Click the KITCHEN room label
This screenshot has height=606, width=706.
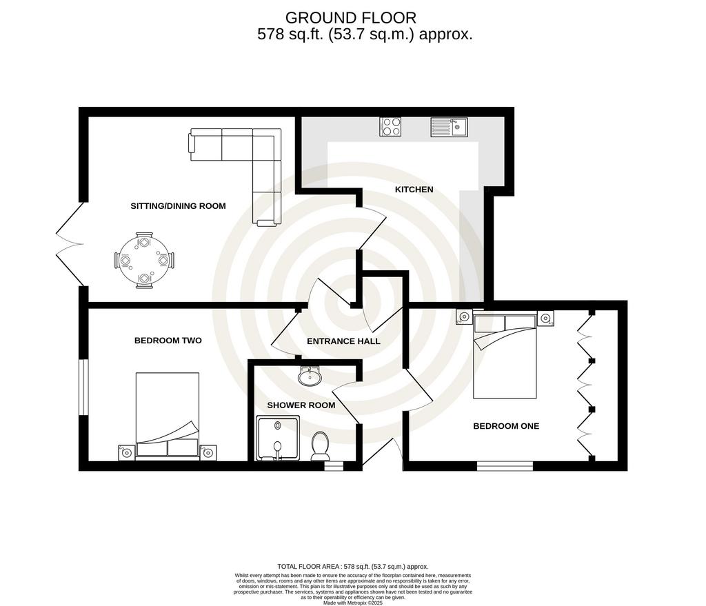pos(414,190)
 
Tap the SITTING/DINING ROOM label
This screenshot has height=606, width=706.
pos(178,206)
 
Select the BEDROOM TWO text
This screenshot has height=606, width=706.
pos(168,341)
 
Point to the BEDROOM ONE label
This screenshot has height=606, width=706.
pos(506,426)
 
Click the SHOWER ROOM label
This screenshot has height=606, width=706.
pos(301,405)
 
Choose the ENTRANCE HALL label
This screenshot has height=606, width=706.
pos(343,341)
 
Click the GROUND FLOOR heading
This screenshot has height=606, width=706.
pos(351,18)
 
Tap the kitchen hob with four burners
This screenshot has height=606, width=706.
pos(390,127)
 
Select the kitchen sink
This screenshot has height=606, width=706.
pos(449,127)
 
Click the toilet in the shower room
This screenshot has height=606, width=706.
pos(320,446)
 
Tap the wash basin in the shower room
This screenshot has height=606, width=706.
pos(310,376)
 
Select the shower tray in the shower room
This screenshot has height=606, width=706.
pos(278,438)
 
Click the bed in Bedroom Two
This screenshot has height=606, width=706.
pos(168,414)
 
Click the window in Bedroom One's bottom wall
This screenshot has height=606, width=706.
pos(505,466)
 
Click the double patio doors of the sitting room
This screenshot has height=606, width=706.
pos(70,244)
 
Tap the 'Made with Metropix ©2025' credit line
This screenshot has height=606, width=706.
pos(353,603)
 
